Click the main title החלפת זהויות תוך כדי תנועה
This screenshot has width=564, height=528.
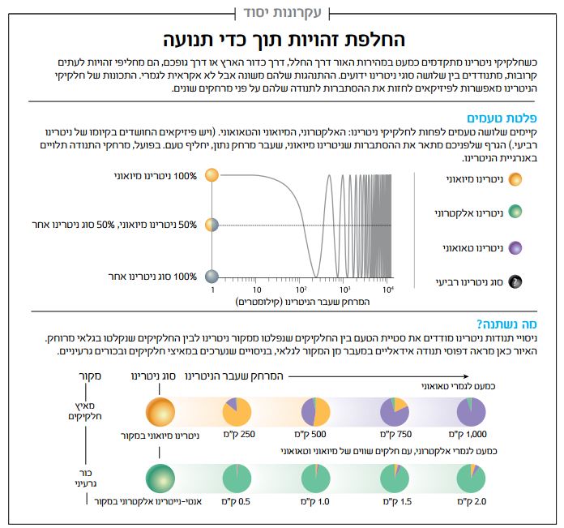tap(283, 40)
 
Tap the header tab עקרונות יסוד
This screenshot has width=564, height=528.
tap(282, 12)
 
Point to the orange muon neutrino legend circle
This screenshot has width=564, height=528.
tap(515, 178)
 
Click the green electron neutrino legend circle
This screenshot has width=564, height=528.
tap(515, 212)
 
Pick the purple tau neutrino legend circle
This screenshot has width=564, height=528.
tap(515, 247)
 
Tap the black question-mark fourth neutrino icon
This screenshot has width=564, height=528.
tap(515, 282)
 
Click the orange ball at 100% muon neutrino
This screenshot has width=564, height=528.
tap(211, 174)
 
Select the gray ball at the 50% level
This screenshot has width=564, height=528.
tap(211, 225)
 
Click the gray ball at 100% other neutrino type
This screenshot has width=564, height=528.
tap(211, 277)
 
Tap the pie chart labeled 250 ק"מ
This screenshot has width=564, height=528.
tap(237, 411)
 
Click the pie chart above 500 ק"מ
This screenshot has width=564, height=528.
tap(314, 411)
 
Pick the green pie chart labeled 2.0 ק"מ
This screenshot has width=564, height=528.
tap(472, 478)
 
